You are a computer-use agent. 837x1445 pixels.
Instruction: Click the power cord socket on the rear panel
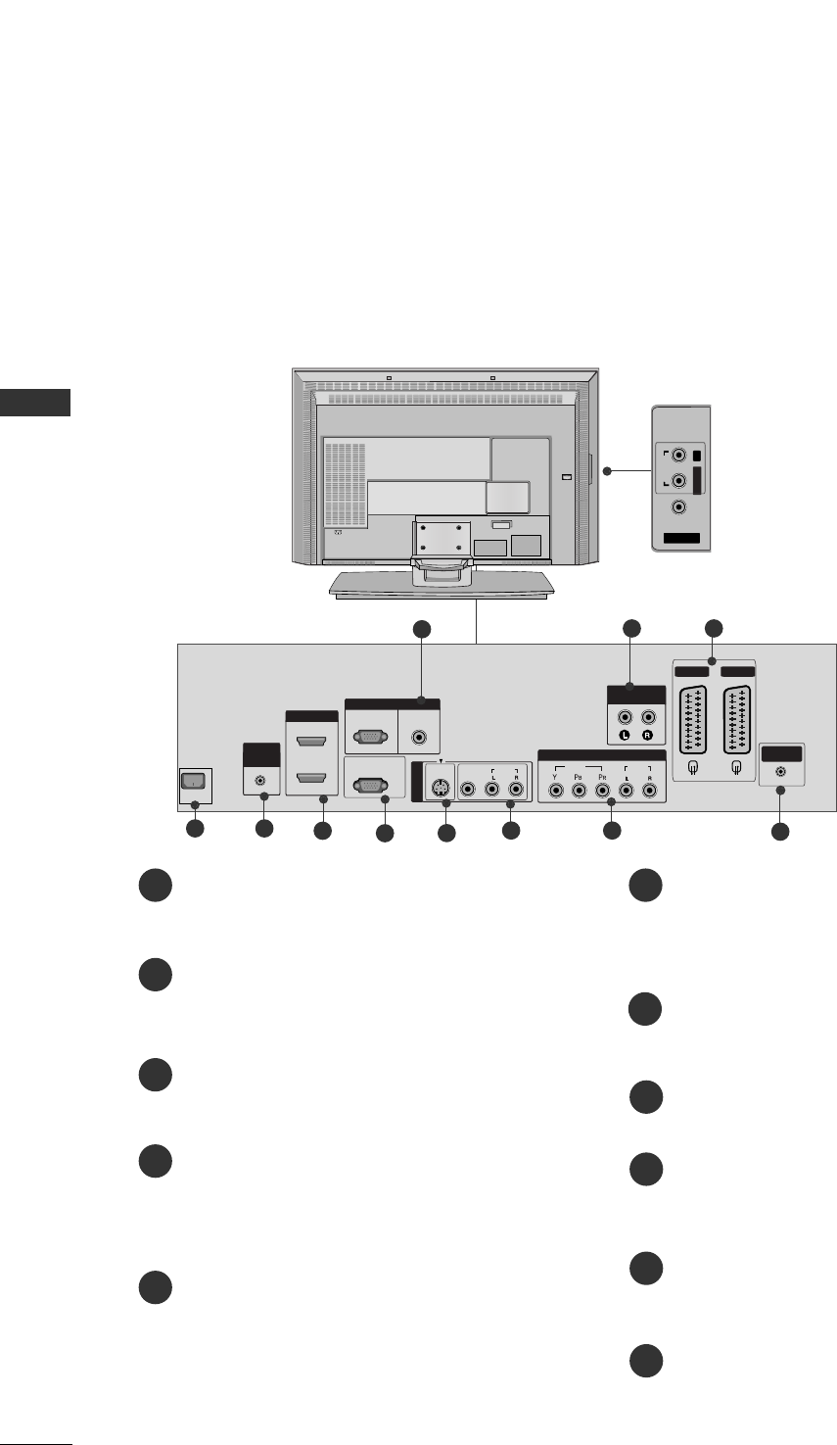coord(194,783)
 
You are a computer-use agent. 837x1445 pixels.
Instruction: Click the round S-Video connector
coord(442,787)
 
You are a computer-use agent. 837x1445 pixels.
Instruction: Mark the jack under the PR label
coord(604,787)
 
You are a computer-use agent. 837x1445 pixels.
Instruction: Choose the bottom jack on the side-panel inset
coord(677,507)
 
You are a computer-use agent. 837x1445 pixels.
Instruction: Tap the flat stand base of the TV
coord(442,585)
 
